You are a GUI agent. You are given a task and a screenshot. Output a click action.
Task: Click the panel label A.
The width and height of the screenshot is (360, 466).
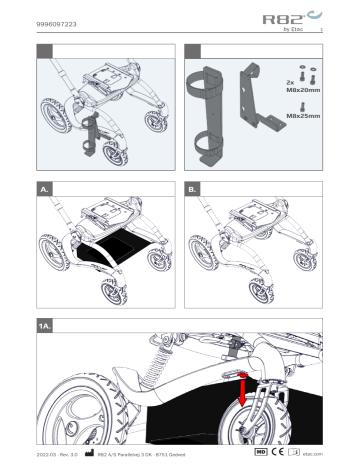tap(44, 187)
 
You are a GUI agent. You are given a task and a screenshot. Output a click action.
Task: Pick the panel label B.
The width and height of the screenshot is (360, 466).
tap(193, 187)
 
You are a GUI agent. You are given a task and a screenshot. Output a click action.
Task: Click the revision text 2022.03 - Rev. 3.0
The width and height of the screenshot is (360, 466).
tap(58, 453)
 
